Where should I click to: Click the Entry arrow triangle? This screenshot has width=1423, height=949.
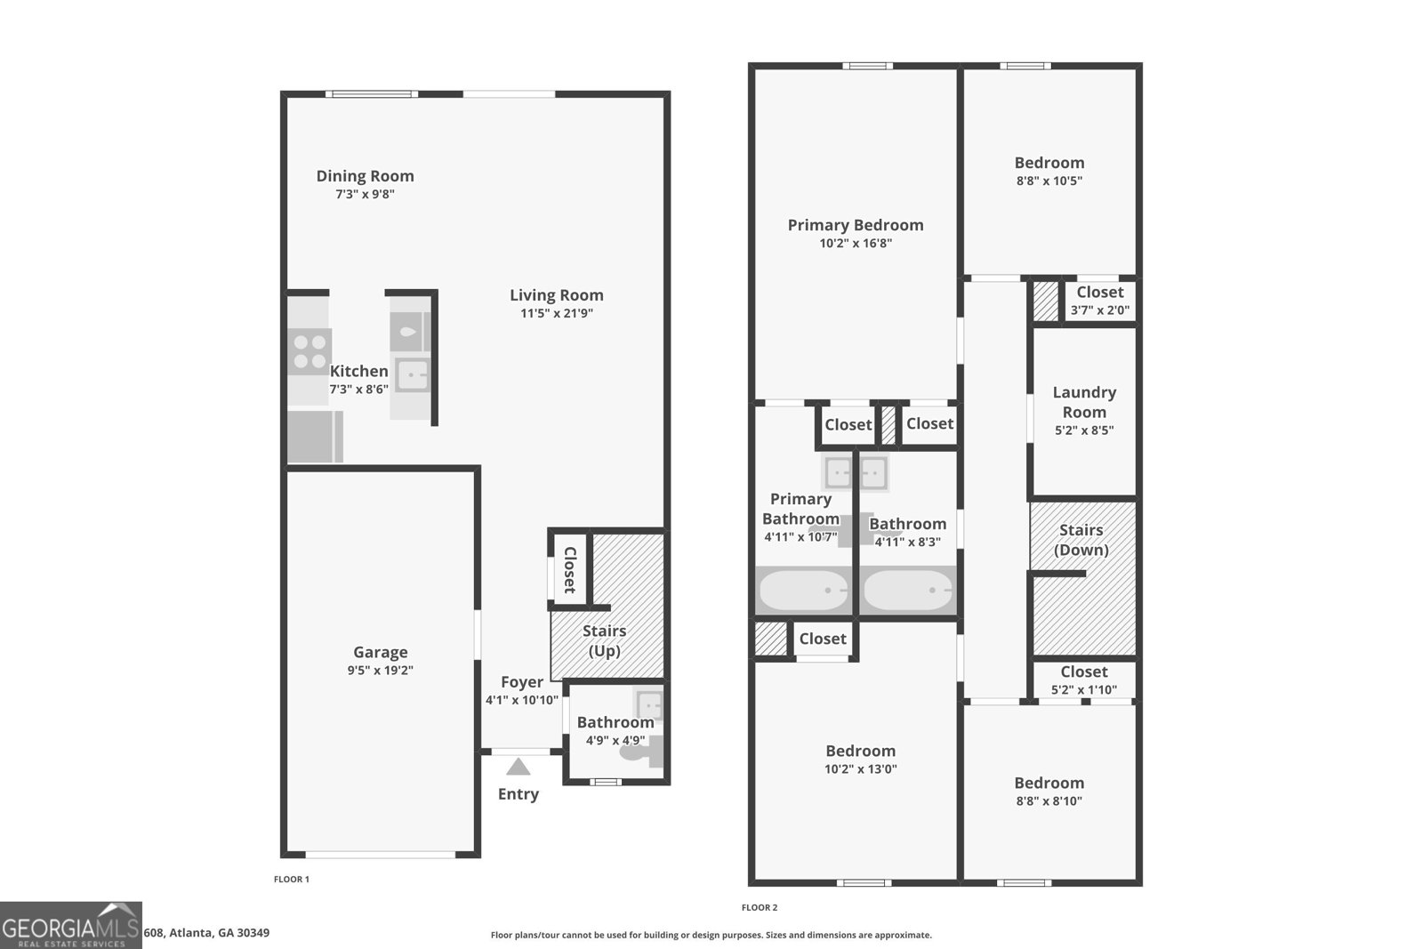tap(518, 767)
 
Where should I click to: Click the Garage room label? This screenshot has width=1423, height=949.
tap(380, 652)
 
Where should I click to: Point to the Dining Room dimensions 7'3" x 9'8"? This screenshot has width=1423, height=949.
tap(365, 194)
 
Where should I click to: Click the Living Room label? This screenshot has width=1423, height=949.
tap(556, 295)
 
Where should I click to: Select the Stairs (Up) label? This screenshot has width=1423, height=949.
tap(604, 640)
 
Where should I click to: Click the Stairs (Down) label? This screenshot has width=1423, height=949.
tap(1081, 540)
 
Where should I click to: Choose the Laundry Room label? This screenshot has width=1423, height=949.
tap(1083, 402)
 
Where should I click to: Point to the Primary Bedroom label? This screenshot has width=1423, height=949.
tap(855, 225)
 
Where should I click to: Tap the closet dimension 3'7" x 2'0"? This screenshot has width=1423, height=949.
tap(1099, 310)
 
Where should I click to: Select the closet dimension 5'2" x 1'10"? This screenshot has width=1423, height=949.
tap(1083, 689)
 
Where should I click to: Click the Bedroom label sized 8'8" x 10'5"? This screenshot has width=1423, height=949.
tap(1049, 163)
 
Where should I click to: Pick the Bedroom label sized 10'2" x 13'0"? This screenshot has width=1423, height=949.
tap(860, 751)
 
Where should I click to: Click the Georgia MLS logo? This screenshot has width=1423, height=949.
tap(71, 925)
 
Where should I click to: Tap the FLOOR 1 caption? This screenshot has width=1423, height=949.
tap(291, 880)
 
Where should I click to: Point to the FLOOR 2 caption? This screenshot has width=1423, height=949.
tap(759, 908)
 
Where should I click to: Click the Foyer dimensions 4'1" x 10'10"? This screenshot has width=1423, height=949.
tap(521, 700)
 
